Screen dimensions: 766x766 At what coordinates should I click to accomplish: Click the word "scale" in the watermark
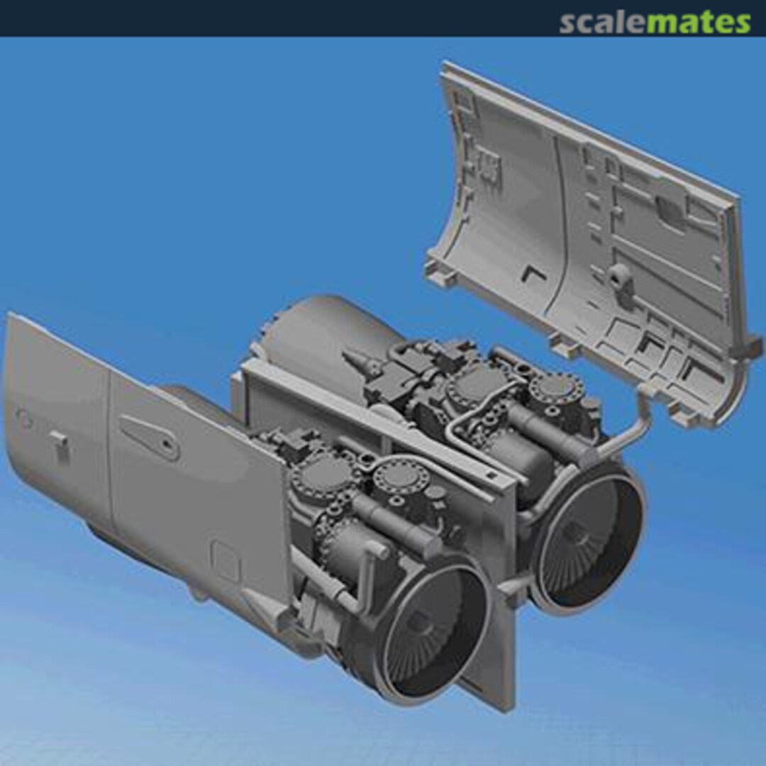(603, 23)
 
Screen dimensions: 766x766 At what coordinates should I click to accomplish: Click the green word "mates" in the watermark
(699, 23)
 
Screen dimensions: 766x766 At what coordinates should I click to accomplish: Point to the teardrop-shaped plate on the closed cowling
(149, 434)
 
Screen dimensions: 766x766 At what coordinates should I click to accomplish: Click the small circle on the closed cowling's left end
(24, 419)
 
